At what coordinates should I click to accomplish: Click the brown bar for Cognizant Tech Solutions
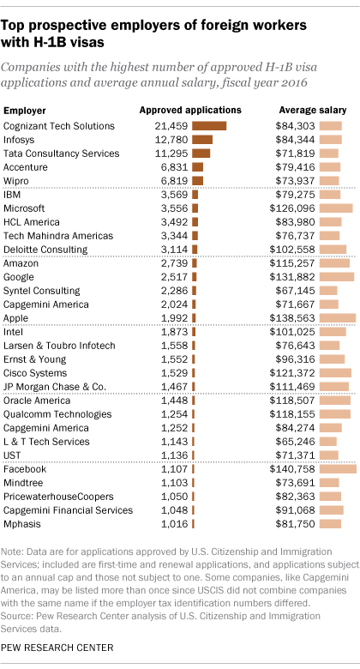pyautogui.click(x=209, y=126)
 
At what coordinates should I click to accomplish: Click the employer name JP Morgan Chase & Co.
pyautogui.click(x=55, y=387)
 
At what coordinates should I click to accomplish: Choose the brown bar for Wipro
pyautogui.click(x=198, y=180)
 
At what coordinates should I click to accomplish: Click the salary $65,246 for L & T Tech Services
pyautogui.click(x=301, y=442)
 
